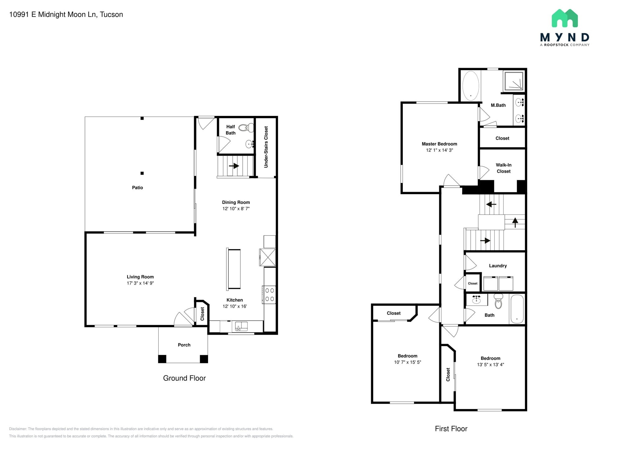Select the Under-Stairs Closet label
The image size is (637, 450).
(x=266, y=147)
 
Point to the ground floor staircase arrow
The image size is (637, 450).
(x=234, y=166)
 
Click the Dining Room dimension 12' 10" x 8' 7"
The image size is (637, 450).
(x=236, y=209)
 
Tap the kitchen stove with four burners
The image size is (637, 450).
(x=269, y=295)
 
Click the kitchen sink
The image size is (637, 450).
(x=241, y=326)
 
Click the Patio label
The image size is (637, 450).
(x=137, y=188)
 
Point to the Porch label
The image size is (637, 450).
(x=184, y=345)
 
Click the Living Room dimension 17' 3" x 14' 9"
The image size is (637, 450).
(x=140, y=283)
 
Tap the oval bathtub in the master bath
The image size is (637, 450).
(x=470, y=86)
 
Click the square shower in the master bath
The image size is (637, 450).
(x=514, y=81)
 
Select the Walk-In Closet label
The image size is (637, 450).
(x=504, y=168)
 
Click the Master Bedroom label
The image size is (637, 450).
(x=439, y=144)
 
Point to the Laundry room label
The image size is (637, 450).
(x=498, y=266)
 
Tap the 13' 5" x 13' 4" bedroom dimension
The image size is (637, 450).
(x=491, y=365)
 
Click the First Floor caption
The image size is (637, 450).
(x=451, y=429)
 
